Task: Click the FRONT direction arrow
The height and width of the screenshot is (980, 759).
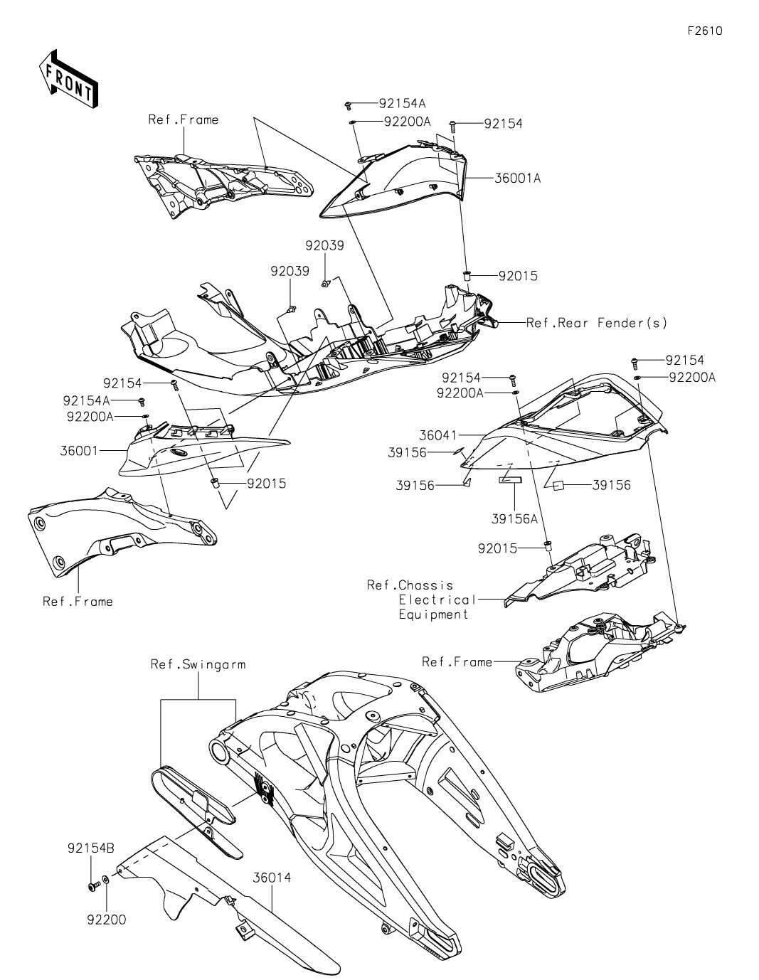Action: (68, 78)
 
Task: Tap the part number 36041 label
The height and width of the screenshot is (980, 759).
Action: (438, 435)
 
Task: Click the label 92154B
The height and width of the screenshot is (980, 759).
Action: (91, 848)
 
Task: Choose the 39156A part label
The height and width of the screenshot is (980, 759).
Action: (514, 518)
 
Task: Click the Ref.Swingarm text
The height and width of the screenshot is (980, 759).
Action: (198, 664)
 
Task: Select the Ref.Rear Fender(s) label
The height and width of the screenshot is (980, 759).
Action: (597, 323)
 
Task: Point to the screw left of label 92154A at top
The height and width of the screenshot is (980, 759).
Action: (349, 105)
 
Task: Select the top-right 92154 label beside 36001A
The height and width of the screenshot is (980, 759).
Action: (503, 124)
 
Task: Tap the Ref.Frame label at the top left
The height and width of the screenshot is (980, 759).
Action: (183, 119)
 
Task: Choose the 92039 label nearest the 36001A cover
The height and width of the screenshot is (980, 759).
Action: (325, 246)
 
